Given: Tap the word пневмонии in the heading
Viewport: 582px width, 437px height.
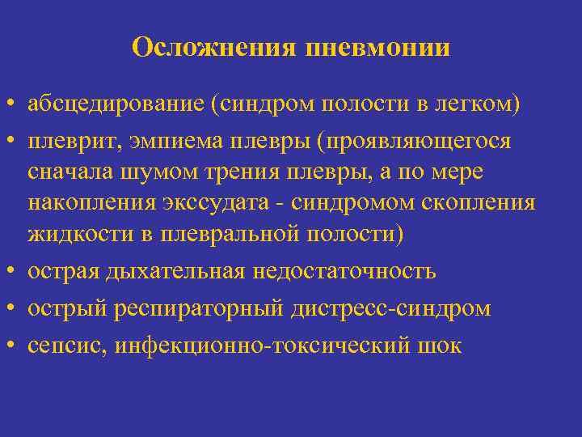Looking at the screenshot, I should click(377, 48).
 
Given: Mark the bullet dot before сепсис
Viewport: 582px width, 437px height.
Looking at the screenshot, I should click(13, 346).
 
